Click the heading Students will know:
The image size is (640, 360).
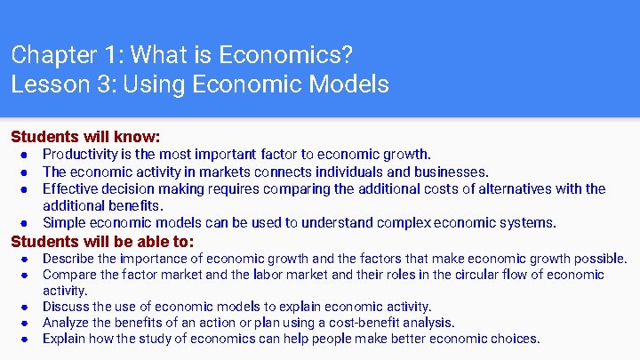click(85, 138)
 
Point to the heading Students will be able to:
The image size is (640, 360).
click(102, 241)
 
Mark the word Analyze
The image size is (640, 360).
click(68, 323)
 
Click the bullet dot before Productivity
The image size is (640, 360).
click(26, 156)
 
